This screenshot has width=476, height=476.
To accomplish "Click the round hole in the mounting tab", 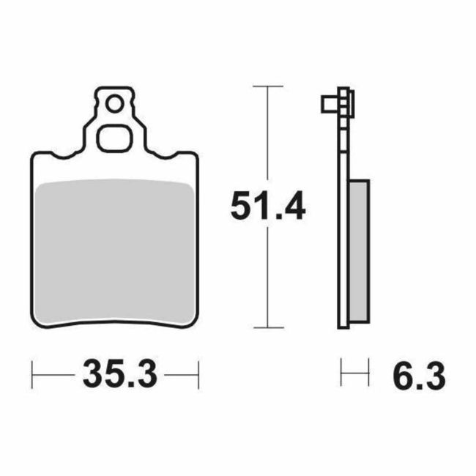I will [114, 105].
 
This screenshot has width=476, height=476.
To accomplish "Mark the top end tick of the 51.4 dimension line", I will [267, 86].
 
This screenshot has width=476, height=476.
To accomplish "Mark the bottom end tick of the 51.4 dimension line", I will [267, 327].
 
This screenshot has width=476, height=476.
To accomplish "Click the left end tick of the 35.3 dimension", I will [33, 377].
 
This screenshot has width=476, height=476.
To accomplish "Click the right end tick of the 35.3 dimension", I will [198, 377].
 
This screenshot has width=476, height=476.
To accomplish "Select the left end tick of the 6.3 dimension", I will [341, 377].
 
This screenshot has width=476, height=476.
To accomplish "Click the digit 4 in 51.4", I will [291, 207].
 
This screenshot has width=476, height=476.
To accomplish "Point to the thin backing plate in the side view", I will [342, 220].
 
